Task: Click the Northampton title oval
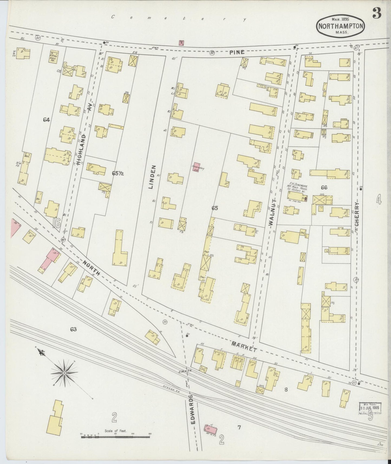tap(341, 27)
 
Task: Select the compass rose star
tap(65, 373)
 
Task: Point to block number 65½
tap(118, 174)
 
